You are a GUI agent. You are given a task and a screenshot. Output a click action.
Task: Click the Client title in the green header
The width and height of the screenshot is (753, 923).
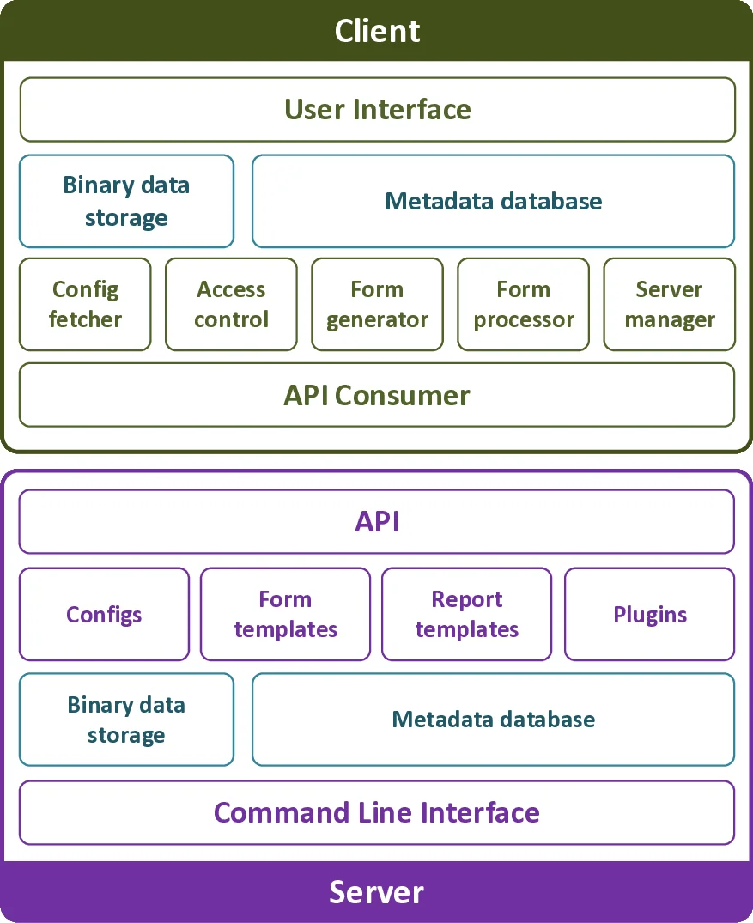pyautogui.click(x=377, y=31)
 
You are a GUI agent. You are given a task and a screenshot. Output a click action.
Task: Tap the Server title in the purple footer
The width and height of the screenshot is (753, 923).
pyautogui.click(x=376, y=892)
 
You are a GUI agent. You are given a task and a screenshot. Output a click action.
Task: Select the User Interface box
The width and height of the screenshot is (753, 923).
pyautogui.click(x=377, y=110)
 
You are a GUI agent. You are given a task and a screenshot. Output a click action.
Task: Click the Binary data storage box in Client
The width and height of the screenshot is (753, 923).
pyautogui.click(x=126, y=201)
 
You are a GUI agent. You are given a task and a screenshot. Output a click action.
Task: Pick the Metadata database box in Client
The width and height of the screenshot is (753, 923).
pyautogui.click(x=493, y=201)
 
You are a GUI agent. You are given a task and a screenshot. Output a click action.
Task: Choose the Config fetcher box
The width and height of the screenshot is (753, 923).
pyautogui.click(x=85, y=304)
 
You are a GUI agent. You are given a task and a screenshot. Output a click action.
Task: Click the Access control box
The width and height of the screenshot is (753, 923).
pyautogui.click(x=231, y=304)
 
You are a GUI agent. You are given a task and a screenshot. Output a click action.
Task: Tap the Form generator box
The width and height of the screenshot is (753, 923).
pyautogui.click(x=377, y=304)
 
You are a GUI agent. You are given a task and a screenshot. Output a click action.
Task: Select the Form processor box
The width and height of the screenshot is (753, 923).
pyautogui.click(x=523, y=304)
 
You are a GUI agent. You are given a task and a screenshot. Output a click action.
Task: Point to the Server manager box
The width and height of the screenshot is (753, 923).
pyautogui.click(x=669, y=304)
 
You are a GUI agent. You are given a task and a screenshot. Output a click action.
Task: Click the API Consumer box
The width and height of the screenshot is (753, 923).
pyautogui.click(x=377, y=395)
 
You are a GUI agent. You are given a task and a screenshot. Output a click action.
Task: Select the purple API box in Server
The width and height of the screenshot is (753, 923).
pyautogui.click(x=377, y=521)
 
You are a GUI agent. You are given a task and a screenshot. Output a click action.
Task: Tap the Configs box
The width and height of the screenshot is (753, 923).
pyautogui.click(x=104, y=614)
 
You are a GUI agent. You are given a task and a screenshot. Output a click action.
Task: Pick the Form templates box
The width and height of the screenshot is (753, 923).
pyautogui.click(x=285, y=614)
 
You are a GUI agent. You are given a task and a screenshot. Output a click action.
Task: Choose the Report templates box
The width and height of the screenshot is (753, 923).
pyautogui.click(x=466, y=614)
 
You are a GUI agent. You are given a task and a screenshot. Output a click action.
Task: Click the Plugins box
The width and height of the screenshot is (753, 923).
pyautogui.click(x=649, y=614)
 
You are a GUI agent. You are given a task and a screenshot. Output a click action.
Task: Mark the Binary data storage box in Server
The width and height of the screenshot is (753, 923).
pyautogui.click(x=126, y=720)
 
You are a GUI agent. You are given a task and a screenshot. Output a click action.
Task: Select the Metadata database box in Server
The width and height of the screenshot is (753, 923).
pyautogui.click(x=493, y=720)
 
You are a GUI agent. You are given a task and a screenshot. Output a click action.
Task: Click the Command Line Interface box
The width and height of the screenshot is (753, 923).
pyautogui.click(x=377, y=812)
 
